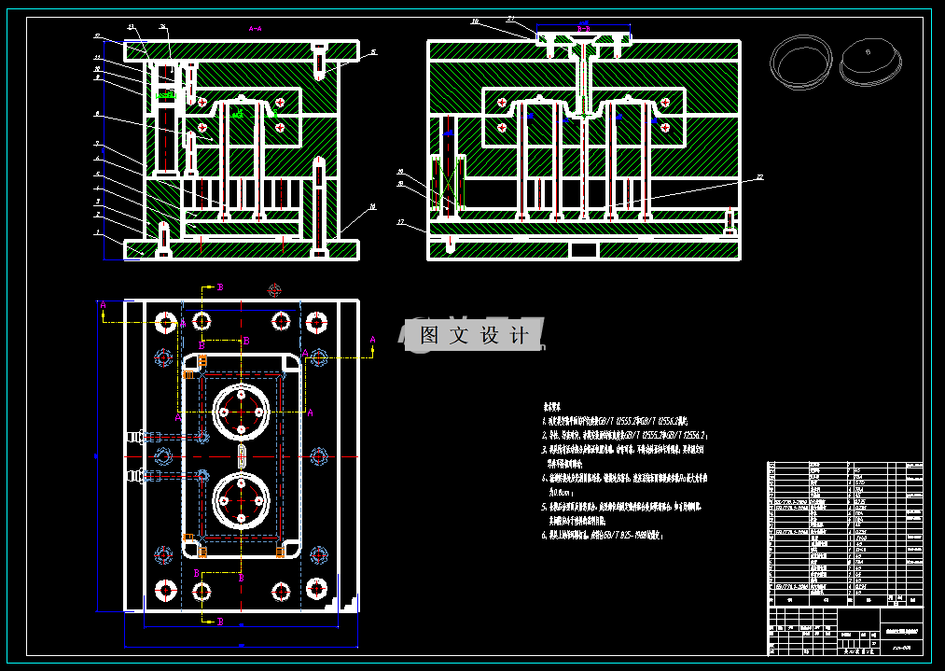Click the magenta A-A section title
tap(254, 29)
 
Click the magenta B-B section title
tap(583, 29)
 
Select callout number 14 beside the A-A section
tap(373, 205)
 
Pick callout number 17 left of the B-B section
tap(400, 222)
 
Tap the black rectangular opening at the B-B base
tap(584, 249)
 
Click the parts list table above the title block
tap(844, 528)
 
